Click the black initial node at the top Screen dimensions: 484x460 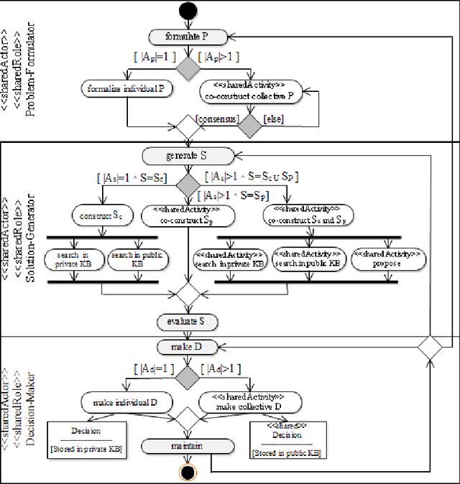[188, 11]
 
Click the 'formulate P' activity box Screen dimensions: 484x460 [188, 36]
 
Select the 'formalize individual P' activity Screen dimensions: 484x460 [126, 90]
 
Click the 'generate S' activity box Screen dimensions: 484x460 [188, 155]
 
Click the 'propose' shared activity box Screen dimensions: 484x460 [386, 259]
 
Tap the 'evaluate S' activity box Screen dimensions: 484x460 [188, 321]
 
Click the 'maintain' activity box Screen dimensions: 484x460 [188, 447]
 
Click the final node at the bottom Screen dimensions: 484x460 [188, 472]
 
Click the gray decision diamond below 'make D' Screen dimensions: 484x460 [188, 374]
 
